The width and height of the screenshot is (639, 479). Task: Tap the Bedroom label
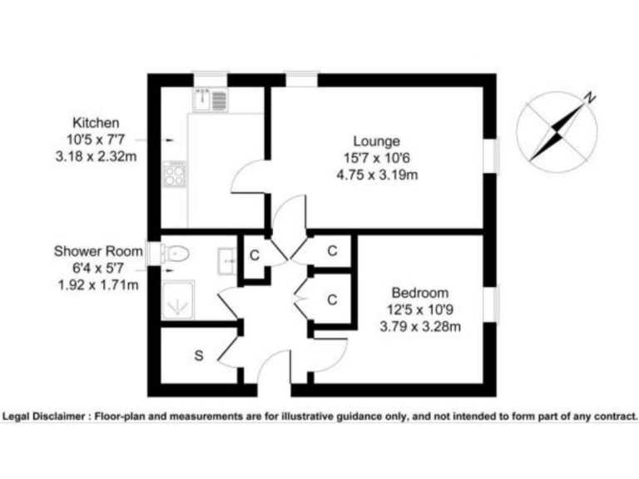420,293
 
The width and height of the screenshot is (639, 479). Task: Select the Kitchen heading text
97,121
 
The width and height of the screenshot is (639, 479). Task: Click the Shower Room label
96,250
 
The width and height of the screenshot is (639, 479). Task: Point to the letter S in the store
199,356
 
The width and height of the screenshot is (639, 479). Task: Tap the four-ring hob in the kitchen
175,174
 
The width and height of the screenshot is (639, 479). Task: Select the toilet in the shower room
174,252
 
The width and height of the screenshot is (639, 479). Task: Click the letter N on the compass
589,98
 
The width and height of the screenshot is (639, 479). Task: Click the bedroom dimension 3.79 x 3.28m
420,327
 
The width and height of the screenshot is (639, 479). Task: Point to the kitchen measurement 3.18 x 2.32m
97,156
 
